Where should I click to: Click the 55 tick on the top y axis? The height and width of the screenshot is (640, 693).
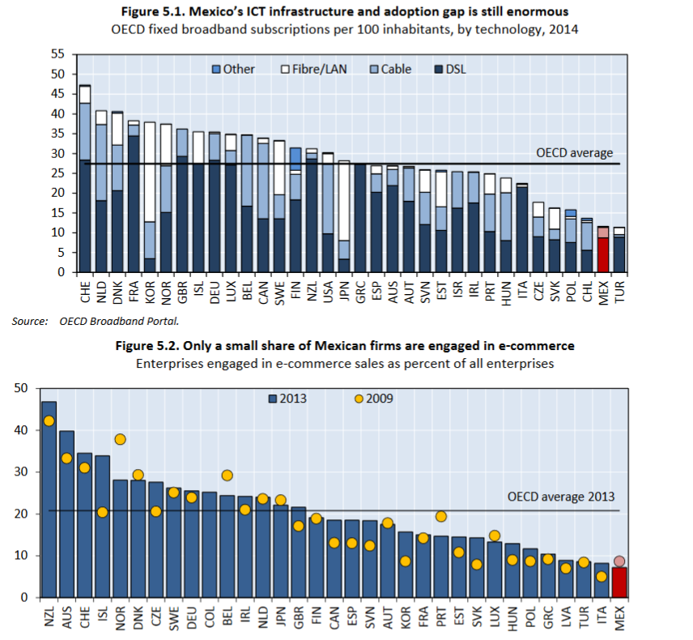pos(57,54)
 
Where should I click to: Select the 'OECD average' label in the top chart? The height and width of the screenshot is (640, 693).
pos(574,152)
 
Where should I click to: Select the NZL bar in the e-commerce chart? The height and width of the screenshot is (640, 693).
pos(49,502)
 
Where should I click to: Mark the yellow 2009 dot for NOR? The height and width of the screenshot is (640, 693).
pos(120,439)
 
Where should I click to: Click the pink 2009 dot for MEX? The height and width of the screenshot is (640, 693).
pos(619,561)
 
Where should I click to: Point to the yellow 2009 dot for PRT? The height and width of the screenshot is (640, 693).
pos(441,516)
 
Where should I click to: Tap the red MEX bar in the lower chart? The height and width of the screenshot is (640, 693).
pos(619,582)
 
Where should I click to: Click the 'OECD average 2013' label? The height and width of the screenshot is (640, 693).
pos(560,497)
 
